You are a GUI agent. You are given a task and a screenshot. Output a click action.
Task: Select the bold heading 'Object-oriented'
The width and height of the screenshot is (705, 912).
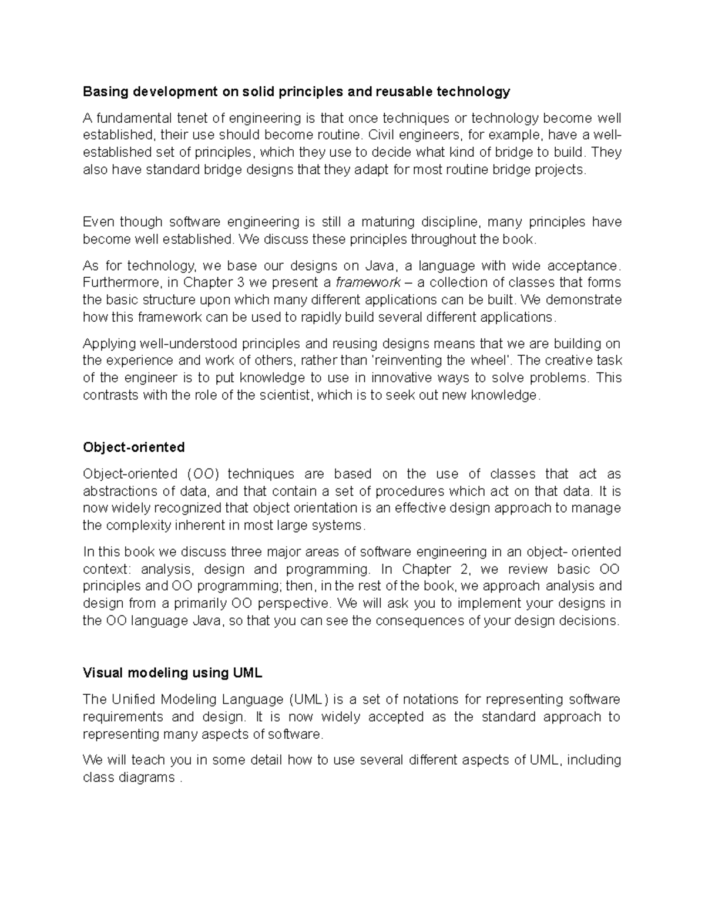click(x=133, y=447)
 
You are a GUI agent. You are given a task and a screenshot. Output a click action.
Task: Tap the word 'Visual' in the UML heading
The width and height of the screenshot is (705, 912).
click(x=103, y=673)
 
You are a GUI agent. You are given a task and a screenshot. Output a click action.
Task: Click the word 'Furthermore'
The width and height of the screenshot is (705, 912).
click(x=120, y=282)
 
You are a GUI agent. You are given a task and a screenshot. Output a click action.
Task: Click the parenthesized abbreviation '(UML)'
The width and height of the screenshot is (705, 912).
click(x=308, y=699)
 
